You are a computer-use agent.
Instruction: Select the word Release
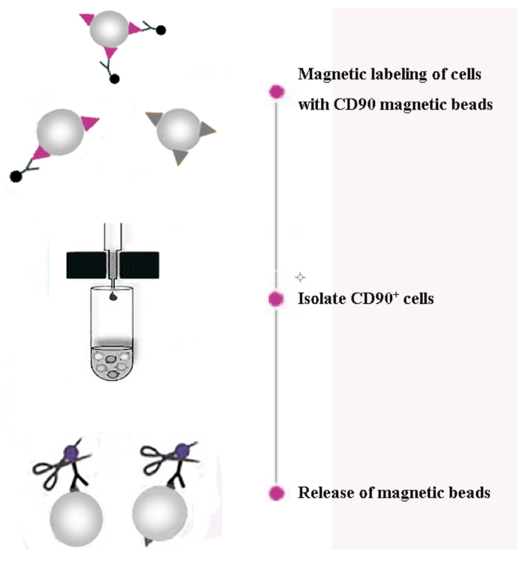point(325,493)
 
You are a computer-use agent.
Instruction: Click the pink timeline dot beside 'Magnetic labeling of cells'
point(277,92)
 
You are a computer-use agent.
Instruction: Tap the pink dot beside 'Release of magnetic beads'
point(277,493)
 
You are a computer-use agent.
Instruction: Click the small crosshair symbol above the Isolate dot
point(301,277)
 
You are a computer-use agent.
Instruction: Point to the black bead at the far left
point(15,177)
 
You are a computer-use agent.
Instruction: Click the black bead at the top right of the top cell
point(161,30)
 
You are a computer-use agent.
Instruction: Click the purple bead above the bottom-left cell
point(72,453)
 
